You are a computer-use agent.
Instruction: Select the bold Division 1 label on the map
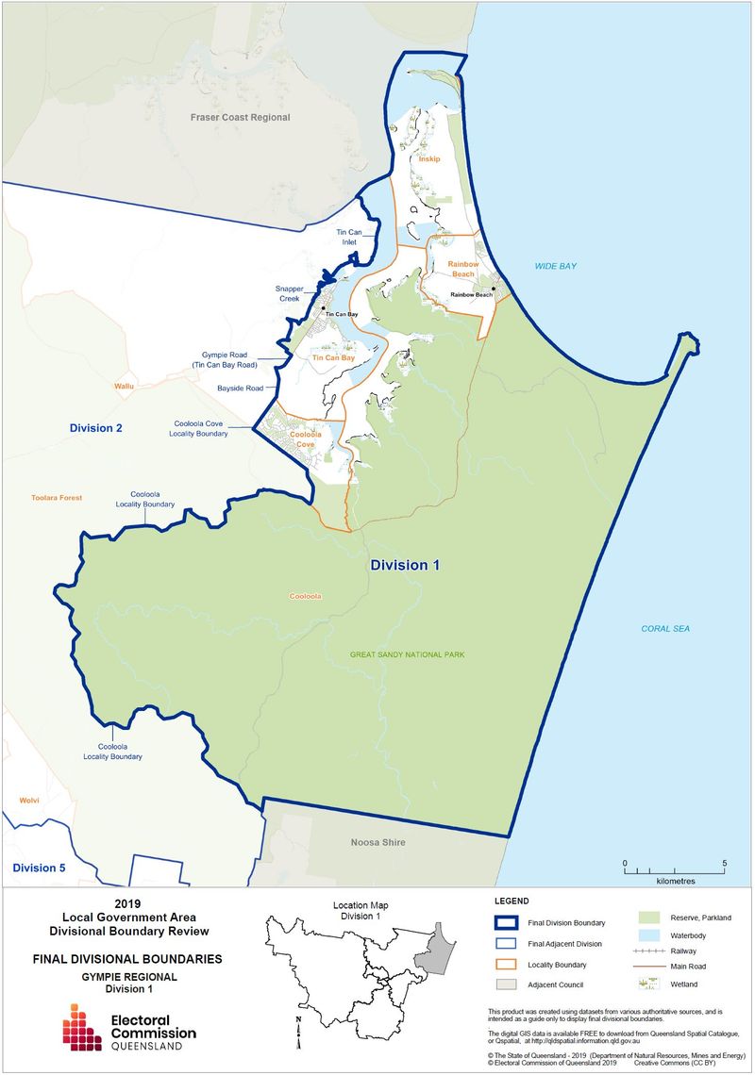coord(405,566)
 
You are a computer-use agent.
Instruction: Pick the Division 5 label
coord(39,868)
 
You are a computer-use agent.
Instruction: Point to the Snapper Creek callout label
coord(288,293)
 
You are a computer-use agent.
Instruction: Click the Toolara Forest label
coord(56,497)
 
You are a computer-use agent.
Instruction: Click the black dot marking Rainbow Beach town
coord(493,289)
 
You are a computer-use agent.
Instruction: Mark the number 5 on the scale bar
coord(724,863)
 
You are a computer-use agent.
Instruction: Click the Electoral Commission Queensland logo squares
coord(82,1026)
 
